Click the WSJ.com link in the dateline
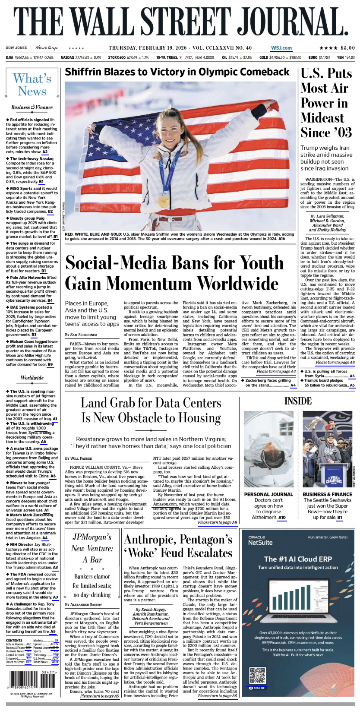(x=281, y=48)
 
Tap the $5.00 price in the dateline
(x=347, y=48)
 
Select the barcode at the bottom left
(x=29, y=679)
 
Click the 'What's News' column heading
(x=32, y=85)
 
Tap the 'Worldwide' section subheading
(x=32, y=378)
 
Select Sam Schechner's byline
(x=81, y=335)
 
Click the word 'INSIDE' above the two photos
(x=298, y=401)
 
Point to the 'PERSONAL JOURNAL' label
(x=268, y=494)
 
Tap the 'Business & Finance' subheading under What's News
(x=32, y=107)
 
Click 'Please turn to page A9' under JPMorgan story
(x=99, y=696)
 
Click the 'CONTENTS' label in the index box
(x=14, y=640)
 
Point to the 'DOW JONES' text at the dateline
(x=16, y=48)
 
